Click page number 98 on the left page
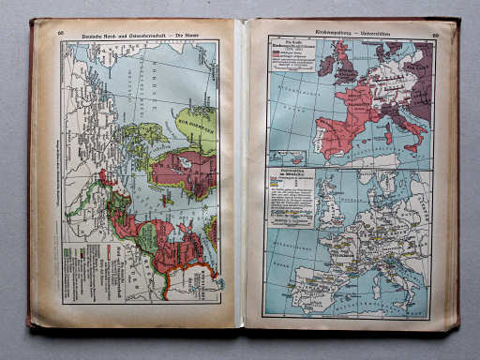coord(61,34)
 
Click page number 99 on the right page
coord(436,37)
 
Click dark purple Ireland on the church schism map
coord(325,66)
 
